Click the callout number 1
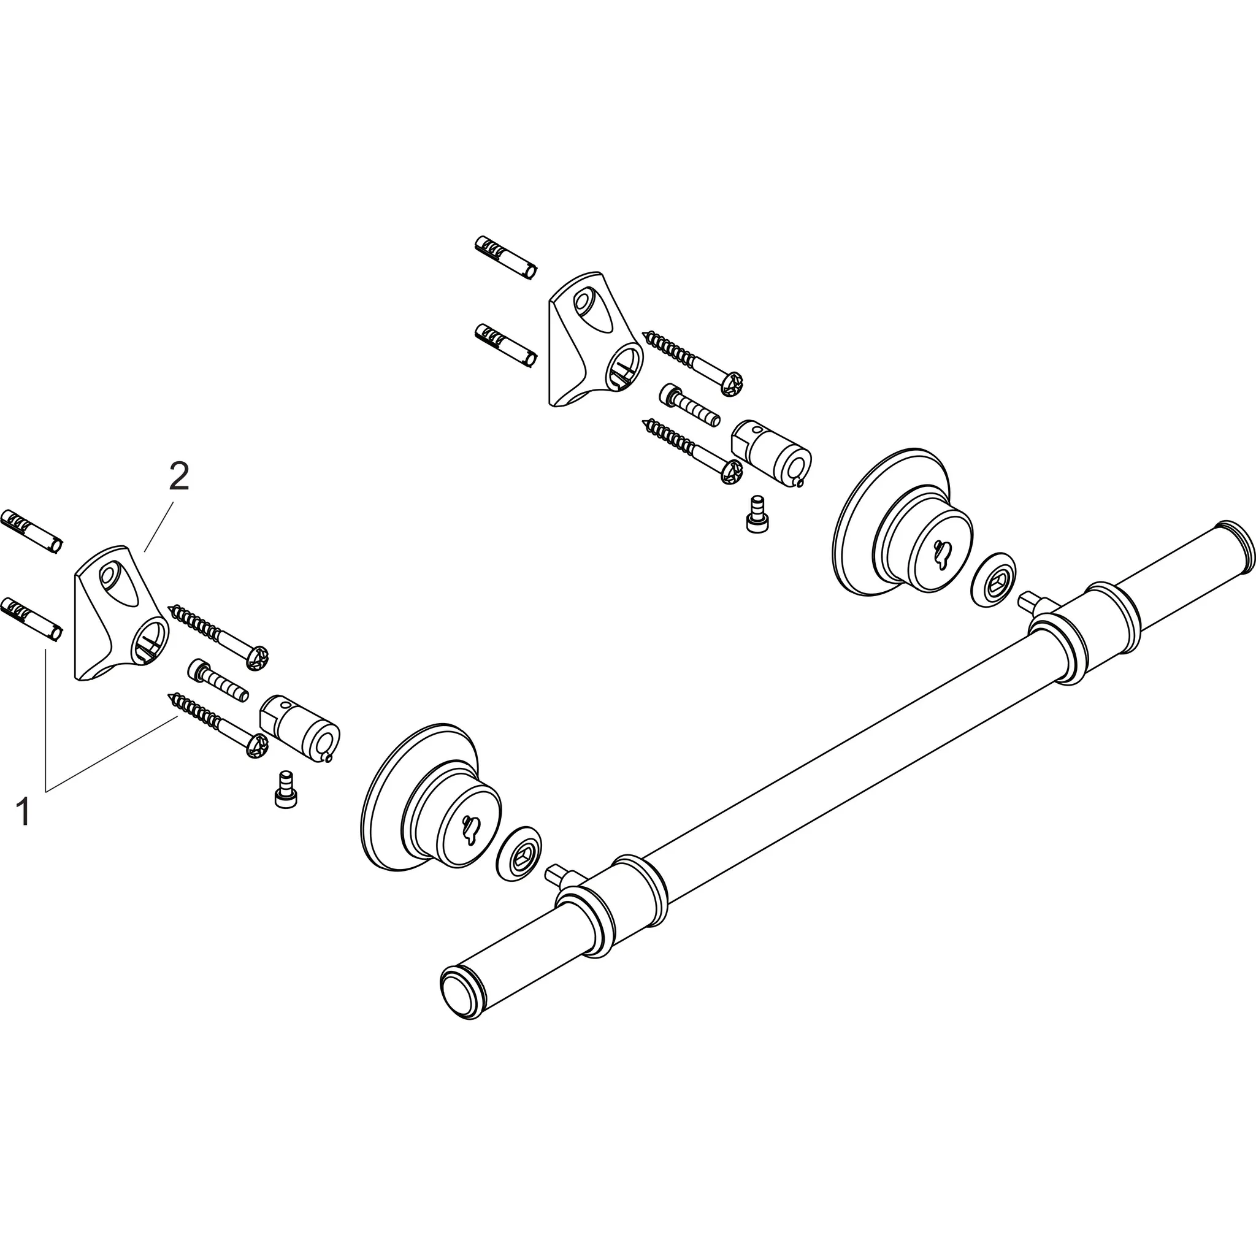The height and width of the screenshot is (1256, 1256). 24,813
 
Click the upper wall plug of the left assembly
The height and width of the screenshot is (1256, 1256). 31,531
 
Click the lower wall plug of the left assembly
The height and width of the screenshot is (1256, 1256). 31,619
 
